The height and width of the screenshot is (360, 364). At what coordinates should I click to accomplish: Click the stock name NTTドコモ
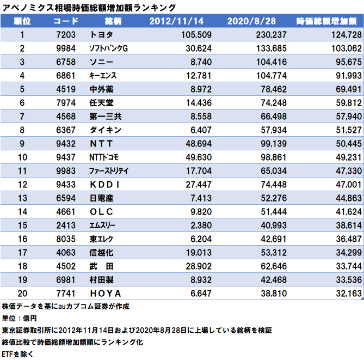(104, 157)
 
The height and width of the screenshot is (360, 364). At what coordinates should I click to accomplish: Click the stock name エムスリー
(103, 224)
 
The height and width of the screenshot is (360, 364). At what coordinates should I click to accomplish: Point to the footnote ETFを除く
(18, 354)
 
